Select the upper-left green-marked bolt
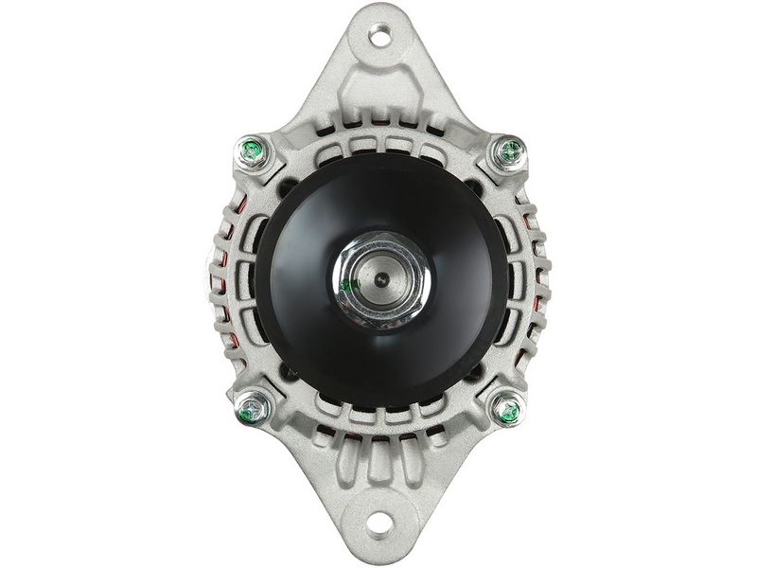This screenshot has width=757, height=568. coord(253,148)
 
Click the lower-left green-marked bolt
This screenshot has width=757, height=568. coord(253,409)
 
